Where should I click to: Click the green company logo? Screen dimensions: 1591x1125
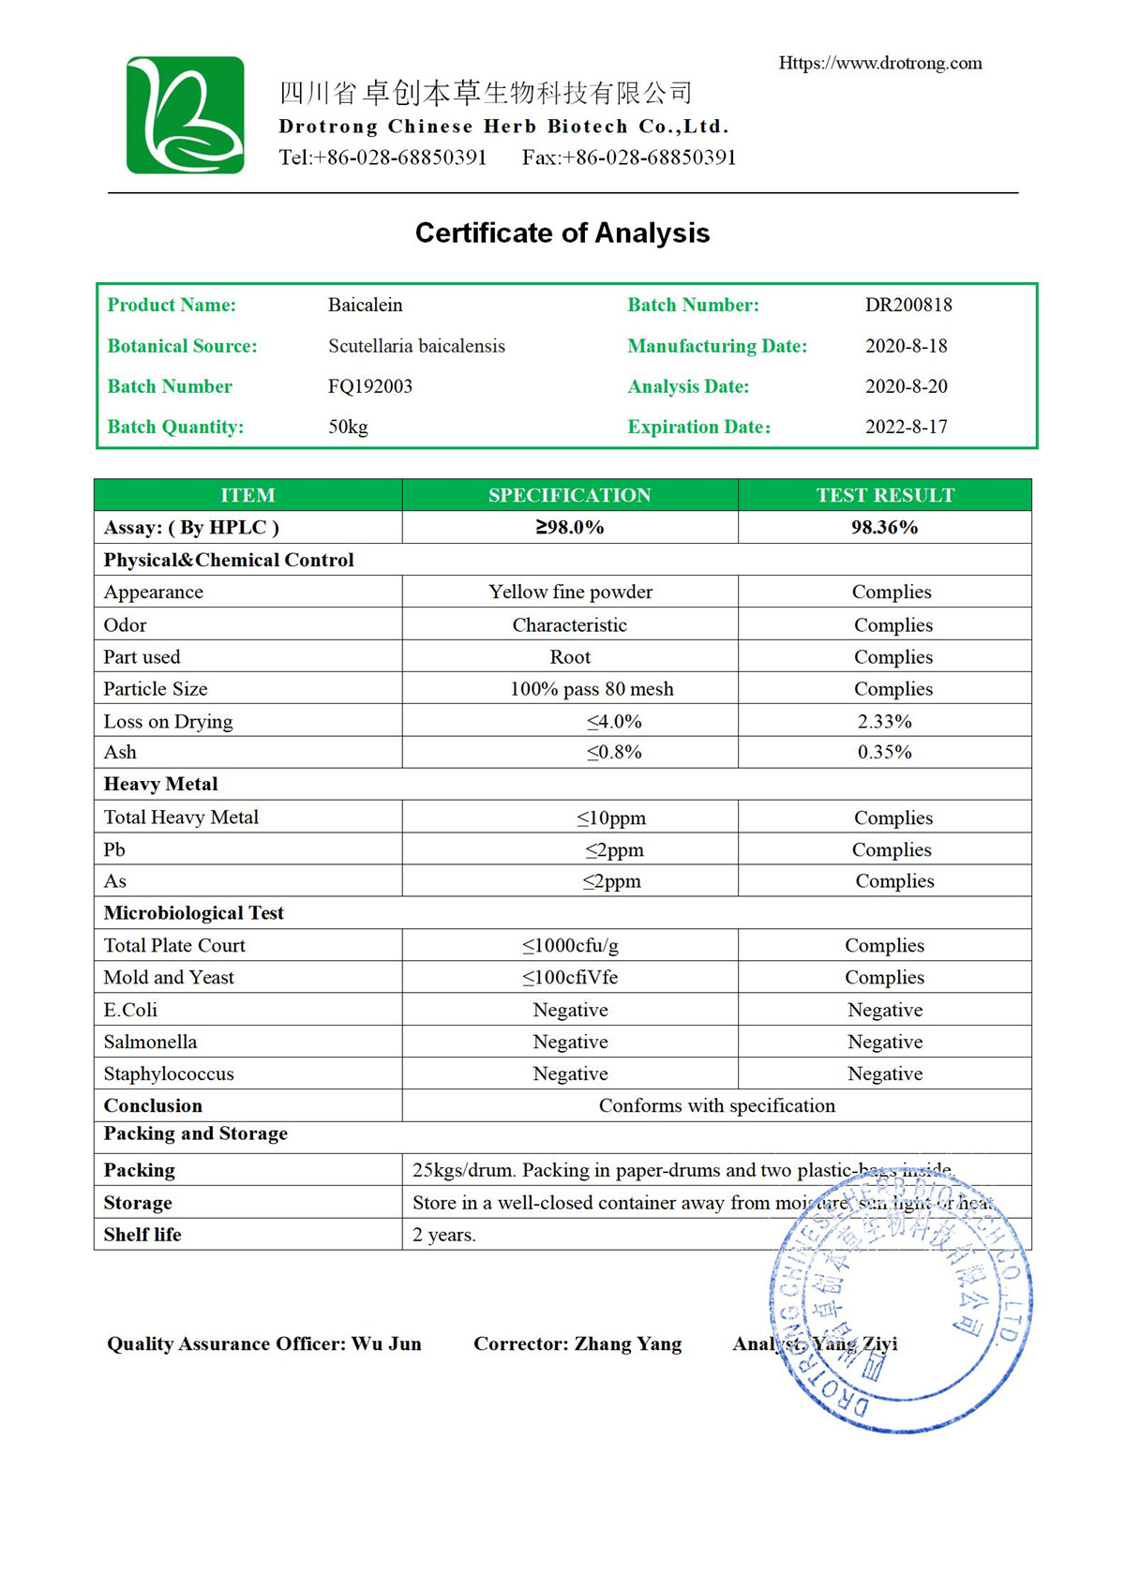(x=186, y=114)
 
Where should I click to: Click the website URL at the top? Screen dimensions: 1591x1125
(x=880, y=63)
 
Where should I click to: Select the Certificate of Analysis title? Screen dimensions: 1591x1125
(x=562, y=233)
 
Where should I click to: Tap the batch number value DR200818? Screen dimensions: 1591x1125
(x=908, y=305)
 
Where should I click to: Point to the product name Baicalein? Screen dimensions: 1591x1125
(x=365, y=305)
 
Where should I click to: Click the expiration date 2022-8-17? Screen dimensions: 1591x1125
(x=906, y=427)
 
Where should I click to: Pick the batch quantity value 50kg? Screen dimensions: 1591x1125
(x=348, y=427)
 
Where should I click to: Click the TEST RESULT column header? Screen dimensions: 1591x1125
(x=885, y=495)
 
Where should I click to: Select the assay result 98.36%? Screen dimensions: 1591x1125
(x=884, y=527)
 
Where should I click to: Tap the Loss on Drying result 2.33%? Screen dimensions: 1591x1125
(x=884, y=721)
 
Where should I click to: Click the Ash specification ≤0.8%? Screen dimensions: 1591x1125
(x=614, y=752)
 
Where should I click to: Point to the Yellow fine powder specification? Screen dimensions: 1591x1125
(x=570, y=592)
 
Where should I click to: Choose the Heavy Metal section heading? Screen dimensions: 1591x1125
(x=160, y=784)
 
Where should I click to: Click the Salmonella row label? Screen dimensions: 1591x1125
(x=150, y=1042)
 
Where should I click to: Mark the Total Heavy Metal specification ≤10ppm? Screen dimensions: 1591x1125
(x=611, y=818)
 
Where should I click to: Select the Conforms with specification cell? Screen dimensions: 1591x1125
(x=716, y=1105)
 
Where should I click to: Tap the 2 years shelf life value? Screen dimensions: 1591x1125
(x=444, y=1235)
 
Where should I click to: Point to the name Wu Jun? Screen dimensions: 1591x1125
(x=386, y=1343)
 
